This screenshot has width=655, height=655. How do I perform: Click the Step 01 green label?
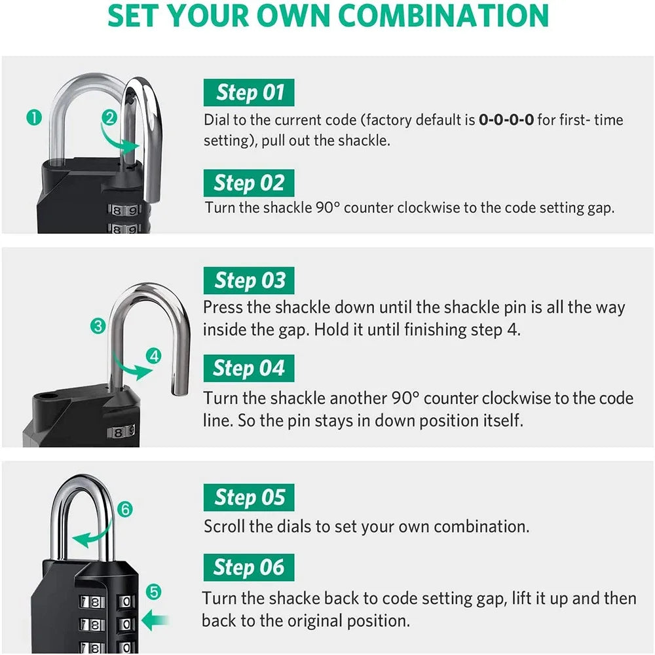coord(249,92)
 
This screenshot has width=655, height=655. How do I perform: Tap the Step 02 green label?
coord(249,183)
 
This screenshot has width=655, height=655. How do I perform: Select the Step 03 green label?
coord(249,281)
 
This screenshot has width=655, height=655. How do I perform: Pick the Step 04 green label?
coord(249,368)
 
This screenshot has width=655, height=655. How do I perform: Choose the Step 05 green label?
coord(249,498)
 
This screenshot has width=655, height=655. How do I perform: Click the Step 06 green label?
coord(249,567)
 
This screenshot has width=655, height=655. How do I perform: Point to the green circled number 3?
coord(98,326)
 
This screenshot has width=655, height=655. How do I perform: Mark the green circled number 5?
coord(153,592)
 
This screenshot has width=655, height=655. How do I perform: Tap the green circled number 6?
coord(126,509)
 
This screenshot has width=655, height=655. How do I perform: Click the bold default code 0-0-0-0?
coord(506,120)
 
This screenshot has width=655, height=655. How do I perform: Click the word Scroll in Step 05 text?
coord(223,526)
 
